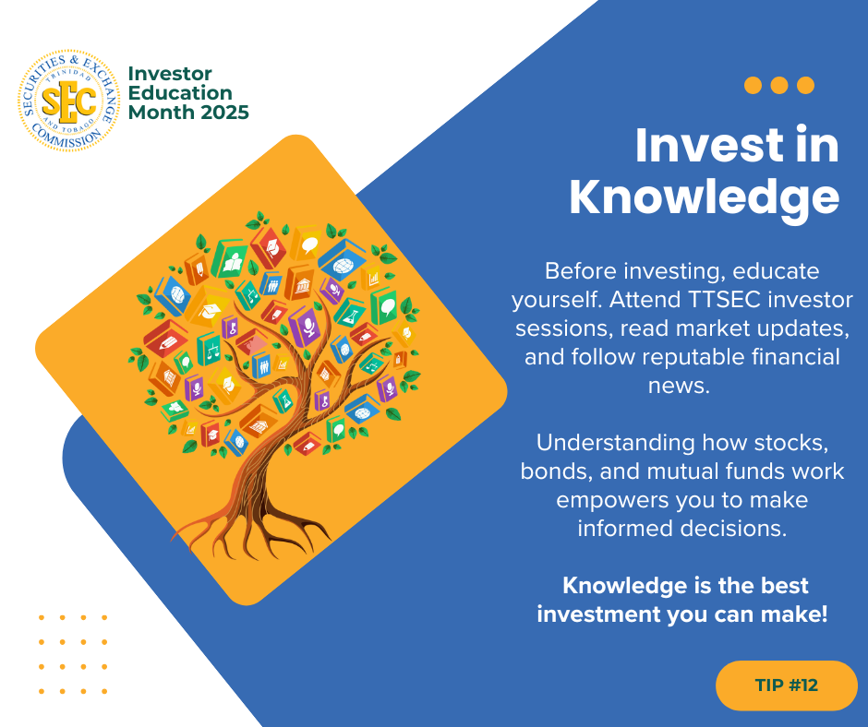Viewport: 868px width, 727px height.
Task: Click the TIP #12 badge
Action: [x=786, y=685]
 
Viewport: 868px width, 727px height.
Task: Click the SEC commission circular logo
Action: [x=68, y=101]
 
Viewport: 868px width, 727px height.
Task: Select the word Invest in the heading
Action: [x=709, y=146]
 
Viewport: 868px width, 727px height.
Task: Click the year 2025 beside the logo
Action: [x=224, y=113]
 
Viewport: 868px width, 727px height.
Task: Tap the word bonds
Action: [x=556, y=471]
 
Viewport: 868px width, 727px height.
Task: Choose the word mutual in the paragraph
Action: [x=682, y=471]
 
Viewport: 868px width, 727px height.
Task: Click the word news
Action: [x=679, y=386]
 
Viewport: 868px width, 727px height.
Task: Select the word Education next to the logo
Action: [x=180, y=93]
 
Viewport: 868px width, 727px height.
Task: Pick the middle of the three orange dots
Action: [x=778, y=85]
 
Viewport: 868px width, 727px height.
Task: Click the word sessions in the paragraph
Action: [x=564, y=328]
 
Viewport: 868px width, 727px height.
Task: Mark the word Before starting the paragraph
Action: [x=581, y=271]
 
